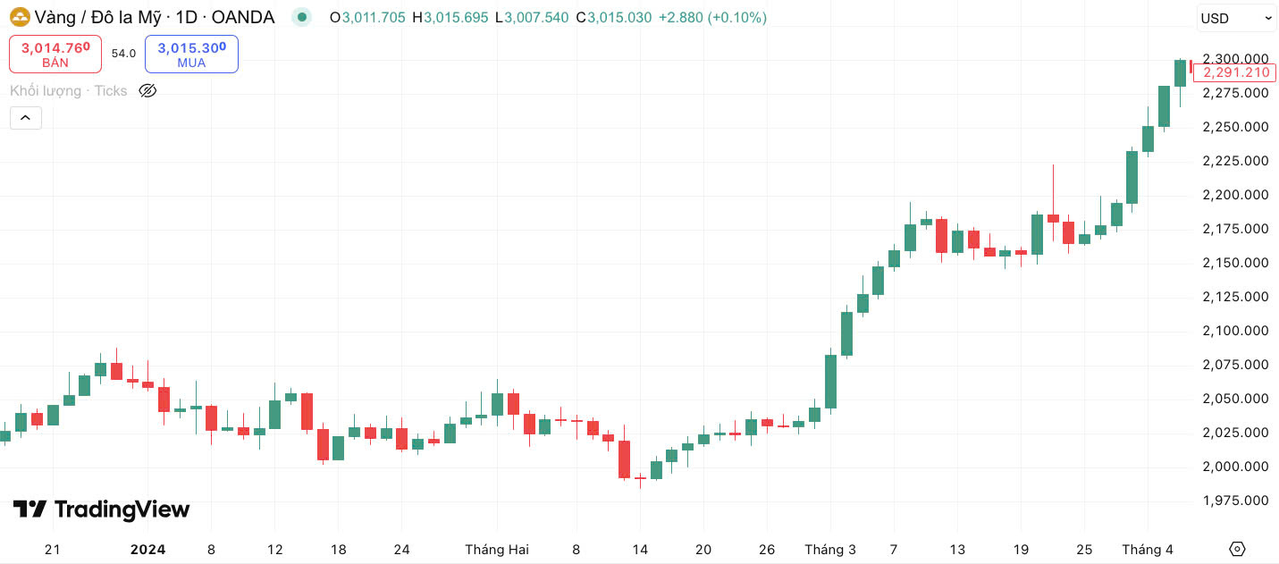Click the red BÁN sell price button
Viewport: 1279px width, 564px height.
tap(55, 54)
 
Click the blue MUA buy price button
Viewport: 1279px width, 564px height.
tap(191, 54)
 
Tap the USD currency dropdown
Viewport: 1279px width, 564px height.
tap(1236, 18)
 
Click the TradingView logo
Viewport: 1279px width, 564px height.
tap(101, 509)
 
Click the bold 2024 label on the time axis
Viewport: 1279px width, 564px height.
tap(147, 550)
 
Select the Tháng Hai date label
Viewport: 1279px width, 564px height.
tap(497, 550)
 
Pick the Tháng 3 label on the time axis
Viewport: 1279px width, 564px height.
tap(830, 550)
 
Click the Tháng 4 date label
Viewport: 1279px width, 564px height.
tap(1148, 550)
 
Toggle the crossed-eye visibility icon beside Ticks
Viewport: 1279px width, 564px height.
tap(148, 90)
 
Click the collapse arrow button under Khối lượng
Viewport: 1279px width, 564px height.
tap(26, 117)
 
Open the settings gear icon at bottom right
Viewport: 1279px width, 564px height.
tap(1237, 549)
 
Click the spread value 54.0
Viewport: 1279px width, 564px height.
tap(123, 54)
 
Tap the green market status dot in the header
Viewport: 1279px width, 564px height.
tap(303, 17)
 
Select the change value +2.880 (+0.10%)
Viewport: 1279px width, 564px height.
tap(712, 17)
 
